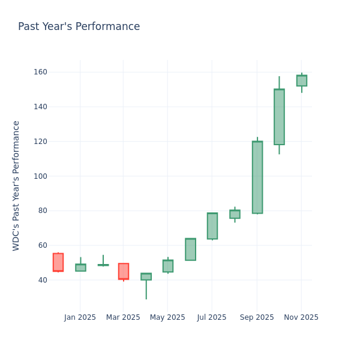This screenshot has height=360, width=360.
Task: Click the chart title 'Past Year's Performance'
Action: [79, 27]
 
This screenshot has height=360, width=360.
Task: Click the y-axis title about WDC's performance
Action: [16, 185]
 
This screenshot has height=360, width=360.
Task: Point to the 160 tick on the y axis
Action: [40, 72]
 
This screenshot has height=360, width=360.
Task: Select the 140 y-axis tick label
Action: [40, 107]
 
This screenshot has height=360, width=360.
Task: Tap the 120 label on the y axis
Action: [40, 142]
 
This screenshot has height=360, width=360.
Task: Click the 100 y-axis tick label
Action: [40, 176]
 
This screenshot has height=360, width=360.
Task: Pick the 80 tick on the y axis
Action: [42, 211]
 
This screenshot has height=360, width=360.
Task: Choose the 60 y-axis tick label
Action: [42, 245]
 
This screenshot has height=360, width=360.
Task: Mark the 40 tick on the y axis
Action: [42, 280]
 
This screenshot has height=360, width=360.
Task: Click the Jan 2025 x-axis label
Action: [80, 317]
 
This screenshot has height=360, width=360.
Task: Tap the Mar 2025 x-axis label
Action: [123, 317]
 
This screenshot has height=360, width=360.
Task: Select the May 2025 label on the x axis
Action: [167, 317]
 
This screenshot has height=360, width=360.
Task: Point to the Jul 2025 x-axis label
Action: [211, 317]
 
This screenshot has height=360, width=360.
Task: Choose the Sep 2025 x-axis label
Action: [257, 317]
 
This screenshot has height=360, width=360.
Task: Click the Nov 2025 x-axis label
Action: [301, 317]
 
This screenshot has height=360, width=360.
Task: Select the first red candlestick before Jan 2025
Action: [58, 262]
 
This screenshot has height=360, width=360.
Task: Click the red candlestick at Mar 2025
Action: [123, 271]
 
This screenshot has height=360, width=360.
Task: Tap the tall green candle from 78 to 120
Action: [257, 177]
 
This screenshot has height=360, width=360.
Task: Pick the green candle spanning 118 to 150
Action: [279, 117]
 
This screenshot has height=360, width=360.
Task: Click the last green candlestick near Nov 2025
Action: [301, 80]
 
